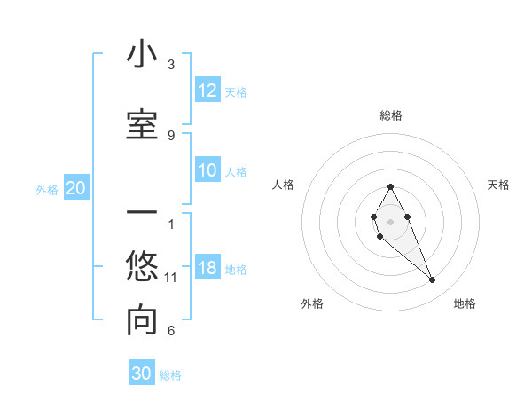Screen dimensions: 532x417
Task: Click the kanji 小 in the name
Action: (x=142, y=55)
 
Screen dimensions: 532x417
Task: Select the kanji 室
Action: (x=142, y=124)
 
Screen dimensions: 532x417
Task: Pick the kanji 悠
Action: (x=142, y=266)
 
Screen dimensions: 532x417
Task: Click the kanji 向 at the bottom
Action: (x=142, y=321)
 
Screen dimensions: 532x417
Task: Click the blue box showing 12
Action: (x=207, y=90)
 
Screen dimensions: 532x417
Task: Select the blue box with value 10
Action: (x=207, y=171)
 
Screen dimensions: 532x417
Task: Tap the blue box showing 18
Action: (x=207, y=269)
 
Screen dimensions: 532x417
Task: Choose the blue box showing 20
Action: (x=76, y=188)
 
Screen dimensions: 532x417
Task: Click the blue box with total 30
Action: (x=142, y=374)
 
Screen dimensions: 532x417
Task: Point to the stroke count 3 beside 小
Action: (x=171, y=65)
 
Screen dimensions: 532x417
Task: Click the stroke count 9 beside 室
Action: (x=171, y=135)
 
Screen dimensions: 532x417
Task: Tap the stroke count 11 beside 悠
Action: (x=171, y=278)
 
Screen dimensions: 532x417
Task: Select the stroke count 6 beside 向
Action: (x=171, y=331)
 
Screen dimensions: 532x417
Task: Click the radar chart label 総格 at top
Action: (x=391, y=115)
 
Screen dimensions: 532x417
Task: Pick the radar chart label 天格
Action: (x=499, y=185)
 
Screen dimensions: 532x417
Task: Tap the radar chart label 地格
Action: (x=465, y=303)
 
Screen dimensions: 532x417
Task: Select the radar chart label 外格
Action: (x=312, y=303)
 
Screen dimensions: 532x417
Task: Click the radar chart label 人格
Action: (x=284, y=185)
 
